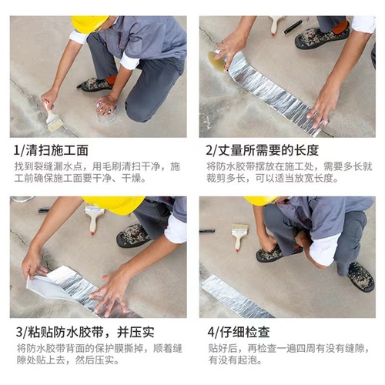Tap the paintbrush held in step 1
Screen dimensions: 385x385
pyautogui.click(x=53, y=118)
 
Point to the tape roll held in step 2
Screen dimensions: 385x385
pyautogui.click(x=219, y=61)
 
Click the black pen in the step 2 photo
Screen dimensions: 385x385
pyautogui.click(x=293, y=27)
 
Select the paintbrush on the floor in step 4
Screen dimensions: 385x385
pyautogui.click(x=239, y=234)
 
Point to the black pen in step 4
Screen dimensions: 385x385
pyautogui.click(x=207, y=230)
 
